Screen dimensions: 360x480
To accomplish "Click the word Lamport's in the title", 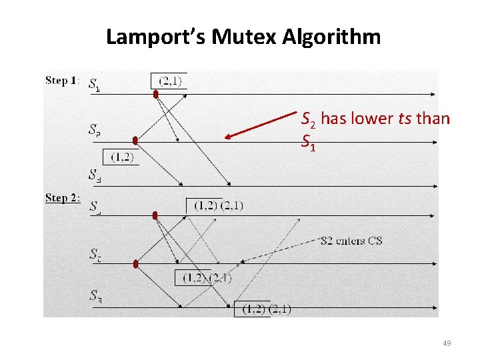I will (x=156, y=37).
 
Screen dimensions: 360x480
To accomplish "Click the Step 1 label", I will (x=62, y=81).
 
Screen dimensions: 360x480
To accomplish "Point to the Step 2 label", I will (x=62, y=198).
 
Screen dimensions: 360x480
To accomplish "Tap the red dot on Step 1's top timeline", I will (x=156, y=95).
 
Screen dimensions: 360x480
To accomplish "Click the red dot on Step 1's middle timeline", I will (x=135, y=141).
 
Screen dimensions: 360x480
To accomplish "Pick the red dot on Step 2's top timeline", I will (x=155, y=215).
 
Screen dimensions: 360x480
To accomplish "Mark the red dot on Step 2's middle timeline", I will (x=135, y=264).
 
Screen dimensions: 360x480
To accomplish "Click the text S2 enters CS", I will (x=351, y=241).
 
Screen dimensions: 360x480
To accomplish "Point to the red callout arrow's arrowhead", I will (x=227, y=137).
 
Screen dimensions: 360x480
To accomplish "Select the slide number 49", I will (x=447, y=343).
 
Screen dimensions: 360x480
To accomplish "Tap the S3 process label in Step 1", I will (x=95, y=175).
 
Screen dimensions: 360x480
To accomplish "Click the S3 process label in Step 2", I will (x=95, y=295).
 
